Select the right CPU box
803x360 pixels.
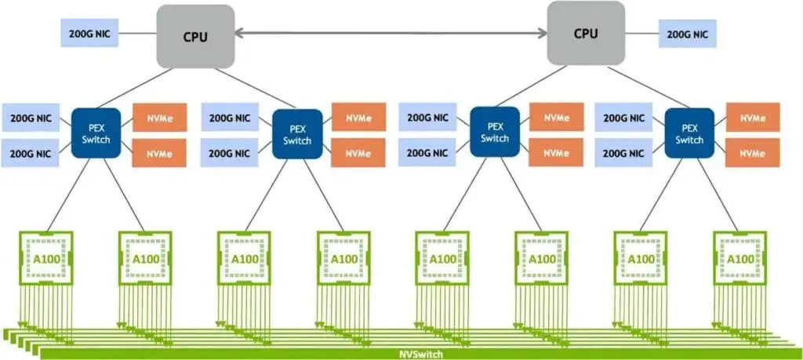pos(586,33)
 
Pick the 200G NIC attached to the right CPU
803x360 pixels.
pos(687,34)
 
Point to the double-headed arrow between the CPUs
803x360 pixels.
pos(392,33)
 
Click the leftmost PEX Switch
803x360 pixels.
pos(98,134)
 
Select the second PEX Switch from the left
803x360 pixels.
pos(297,134)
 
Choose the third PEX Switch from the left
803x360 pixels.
pos(494,132)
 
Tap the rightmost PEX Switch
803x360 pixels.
pos(689,133)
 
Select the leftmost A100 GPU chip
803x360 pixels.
pos(46,258)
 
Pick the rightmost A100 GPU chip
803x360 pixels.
pos(739,258)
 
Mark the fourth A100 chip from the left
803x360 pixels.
pos(343,258)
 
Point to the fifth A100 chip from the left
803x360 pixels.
pos(442,258)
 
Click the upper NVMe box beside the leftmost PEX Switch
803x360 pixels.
pos(159,118)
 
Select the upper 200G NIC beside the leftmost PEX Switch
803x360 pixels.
pos(32,119)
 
